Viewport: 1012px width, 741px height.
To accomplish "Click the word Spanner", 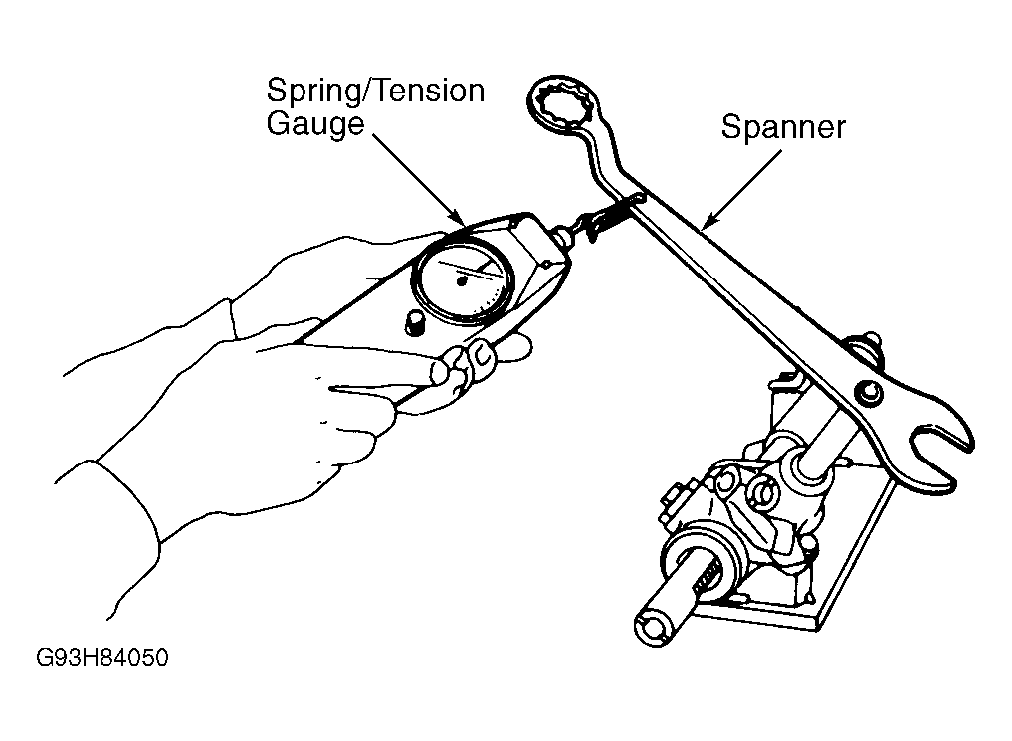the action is tap(782, 126).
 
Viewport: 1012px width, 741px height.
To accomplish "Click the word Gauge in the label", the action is tap(315, 123).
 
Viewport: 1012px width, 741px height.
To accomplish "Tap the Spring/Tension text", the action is tap(375, 92).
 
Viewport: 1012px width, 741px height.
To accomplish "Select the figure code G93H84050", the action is tap(101, 657).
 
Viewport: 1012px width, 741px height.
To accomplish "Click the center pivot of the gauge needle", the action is tap(461, 281).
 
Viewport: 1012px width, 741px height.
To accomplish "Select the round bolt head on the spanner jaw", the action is tap(868, 392).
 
